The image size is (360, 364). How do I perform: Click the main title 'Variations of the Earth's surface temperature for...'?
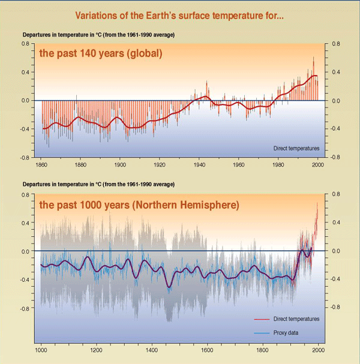(x=180, y=14)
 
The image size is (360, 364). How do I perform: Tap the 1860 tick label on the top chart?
(x=42, y=164)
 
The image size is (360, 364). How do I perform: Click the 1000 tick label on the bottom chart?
(x=41, y=349)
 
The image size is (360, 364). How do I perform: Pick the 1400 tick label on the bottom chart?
(x=152, y=349)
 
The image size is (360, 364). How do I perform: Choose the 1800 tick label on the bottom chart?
(x=262, y=349)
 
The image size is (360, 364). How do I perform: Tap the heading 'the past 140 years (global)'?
(x=100, y=53)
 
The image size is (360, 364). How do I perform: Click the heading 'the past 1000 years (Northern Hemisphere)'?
(x=139, y=205)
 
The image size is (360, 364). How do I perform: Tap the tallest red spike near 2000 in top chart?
(x=313, y=58)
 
